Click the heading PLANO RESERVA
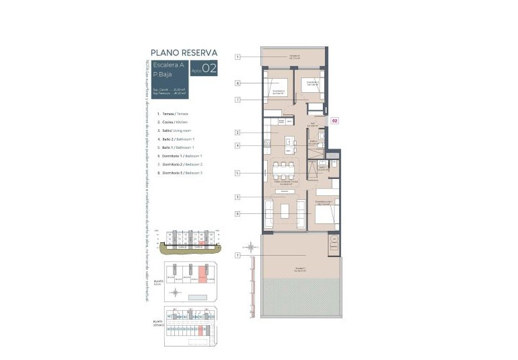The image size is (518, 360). [x=184, y=51]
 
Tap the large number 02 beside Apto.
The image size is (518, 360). [x=209, y=68]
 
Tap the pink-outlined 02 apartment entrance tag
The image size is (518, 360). [x=334, y=122]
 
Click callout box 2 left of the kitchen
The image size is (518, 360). [x=238, y=133]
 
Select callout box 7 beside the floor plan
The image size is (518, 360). [x=238, y=100]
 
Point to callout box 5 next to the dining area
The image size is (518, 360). [x=238, y=173]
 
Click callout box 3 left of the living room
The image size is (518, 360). [x=238, y=196]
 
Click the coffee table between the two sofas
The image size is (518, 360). [x=285, y=211]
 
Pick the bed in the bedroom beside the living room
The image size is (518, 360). [x=322, y=214]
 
